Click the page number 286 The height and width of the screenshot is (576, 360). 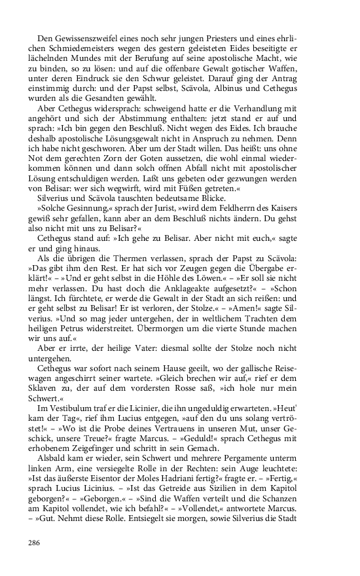[35, 542]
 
